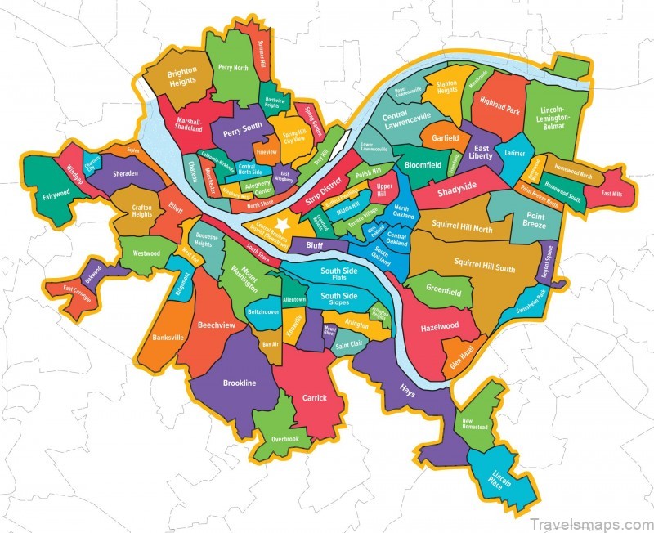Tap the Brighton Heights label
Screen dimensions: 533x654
(182, 77)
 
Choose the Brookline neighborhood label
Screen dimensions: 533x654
(240, 383)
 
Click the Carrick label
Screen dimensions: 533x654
(314, 398)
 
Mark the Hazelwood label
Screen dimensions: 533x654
(440, 325)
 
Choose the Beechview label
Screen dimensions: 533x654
(216, 325)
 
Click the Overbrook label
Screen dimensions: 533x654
(285, 439)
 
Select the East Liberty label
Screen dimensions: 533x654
(480, 153)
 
